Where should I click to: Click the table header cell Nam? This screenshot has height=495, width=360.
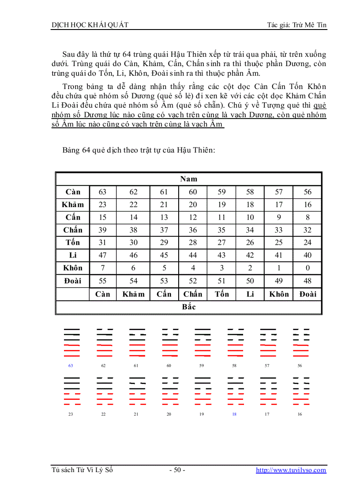click(x=188, y=179)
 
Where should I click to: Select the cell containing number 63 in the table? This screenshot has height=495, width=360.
click(x=102, y=192)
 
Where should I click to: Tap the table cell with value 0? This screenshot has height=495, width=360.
click(x=307, y=268)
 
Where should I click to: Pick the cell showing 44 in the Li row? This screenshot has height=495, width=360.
click(x=193, y=255)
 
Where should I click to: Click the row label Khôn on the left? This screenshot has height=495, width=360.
click(x=73, y=268)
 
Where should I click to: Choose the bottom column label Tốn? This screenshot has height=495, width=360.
click(x=221, y=294)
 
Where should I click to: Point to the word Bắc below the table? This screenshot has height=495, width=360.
click(x=188, y=307)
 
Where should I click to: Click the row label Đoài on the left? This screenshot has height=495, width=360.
click(x=73, y=281)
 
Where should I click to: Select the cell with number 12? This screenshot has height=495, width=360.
click(x=193, y=217)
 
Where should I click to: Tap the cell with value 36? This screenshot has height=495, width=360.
click(x=193, y=230)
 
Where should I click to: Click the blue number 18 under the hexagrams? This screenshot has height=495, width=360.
click(x=234, y=414)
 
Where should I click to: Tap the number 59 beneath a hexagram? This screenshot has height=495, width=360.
click(x=202, y=366)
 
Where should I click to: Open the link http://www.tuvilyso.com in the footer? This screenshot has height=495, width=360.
click(x=291, y=470)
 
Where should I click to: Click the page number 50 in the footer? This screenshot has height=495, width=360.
click(x=177, y=470)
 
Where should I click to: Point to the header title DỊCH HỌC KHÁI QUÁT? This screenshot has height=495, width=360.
click(x=90, y=25)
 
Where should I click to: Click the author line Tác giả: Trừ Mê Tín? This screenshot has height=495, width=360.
click(x=296, y=25)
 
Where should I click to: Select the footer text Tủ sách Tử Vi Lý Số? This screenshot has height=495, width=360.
click(x=82, y=470)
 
